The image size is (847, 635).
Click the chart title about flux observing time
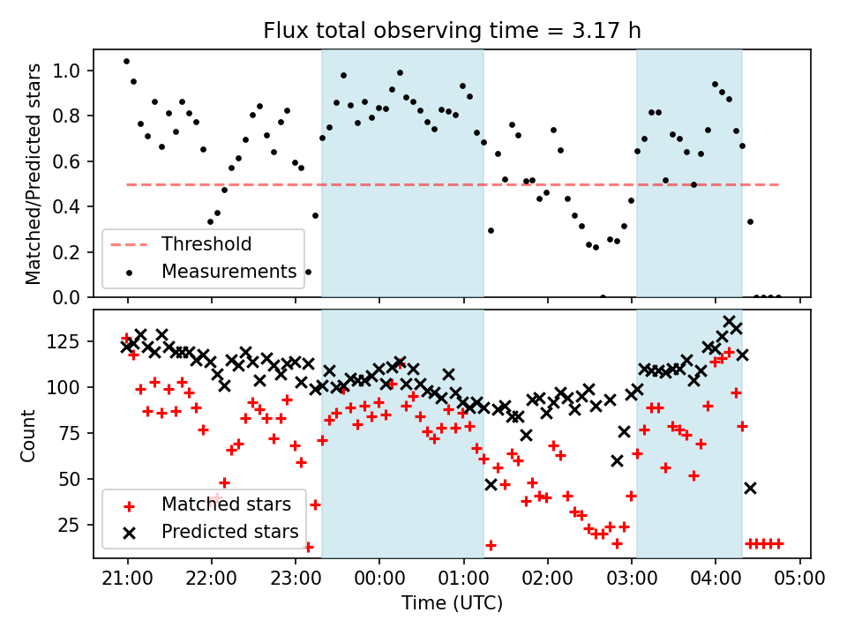click(x=452, y=31)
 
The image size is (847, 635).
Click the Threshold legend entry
click(x=206, y=244)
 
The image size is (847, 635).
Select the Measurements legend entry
click(x=228, y=272)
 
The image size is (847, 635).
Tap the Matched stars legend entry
click(x=225, y=504)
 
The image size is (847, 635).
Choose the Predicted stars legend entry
click(x=229, y=532)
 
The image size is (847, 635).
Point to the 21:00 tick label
click(x=127, y=579)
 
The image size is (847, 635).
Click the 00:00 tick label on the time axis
click(x=379, y=579)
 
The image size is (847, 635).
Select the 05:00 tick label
click(x=799, y=579)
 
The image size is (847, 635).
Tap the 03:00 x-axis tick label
click(x=631, y=579)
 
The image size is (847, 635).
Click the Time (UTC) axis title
click(x=452, y=604)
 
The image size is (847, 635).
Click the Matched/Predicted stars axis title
click(x=34, y=174)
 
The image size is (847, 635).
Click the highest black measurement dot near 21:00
click(x=126, y=62)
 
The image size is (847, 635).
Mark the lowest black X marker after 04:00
click(x=750, y=488)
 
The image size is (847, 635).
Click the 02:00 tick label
click(x=547, y=579)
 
